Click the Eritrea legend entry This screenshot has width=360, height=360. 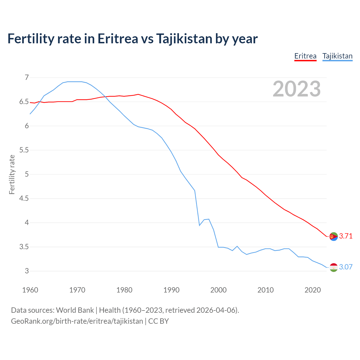click(305, 56)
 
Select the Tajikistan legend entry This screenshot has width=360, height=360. click(337, 56)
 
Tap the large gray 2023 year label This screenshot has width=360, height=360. click(296, 89)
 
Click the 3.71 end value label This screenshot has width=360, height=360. click(346, 236)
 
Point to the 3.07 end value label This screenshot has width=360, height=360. click(346, 267)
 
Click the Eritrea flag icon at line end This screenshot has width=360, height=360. click(334, 237)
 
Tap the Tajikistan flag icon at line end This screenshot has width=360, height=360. click(334, 267)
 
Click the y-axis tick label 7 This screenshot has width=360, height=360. click(27, 77)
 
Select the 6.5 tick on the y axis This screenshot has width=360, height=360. click(24, 102)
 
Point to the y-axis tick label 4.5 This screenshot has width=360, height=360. click(24, 199)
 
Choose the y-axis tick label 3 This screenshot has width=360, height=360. click(27, 271)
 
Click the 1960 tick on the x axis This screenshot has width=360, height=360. click(30, 290)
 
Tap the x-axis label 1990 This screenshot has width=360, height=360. click(171, 290)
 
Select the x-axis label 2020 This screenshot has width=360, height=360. click(312, 290)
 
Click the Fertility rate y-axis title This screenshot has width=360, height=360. click(12, 174)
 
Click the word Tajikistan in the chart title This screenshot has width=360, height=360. click(184, 39)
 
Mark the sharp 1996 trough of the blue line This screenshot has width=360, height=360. click(199, 225)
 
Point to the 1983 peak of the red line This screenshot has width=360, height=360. click(138, 94)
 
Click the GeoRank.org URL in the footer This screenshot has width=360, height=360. click(77, 321)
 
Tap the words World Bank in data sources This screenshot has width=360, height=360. click(75, 310)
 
